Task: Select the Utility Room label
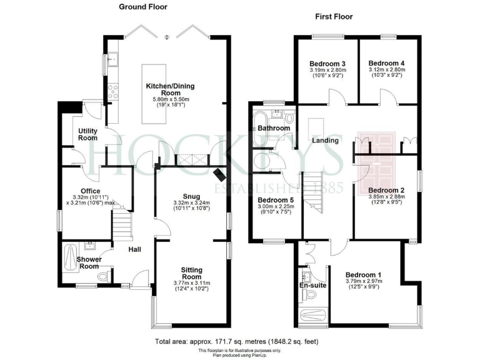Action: (87, 134)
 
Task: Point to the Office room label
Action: (90, 191)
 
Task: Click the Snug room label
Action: (192, 194)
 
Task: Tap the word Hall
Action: (134, 250)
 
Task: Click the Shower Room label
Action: (88, 262)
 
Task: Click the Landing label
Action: (326, 141)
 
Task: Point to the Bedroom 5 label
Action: (276, 201)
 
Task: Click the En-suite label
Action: (312, 286)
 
